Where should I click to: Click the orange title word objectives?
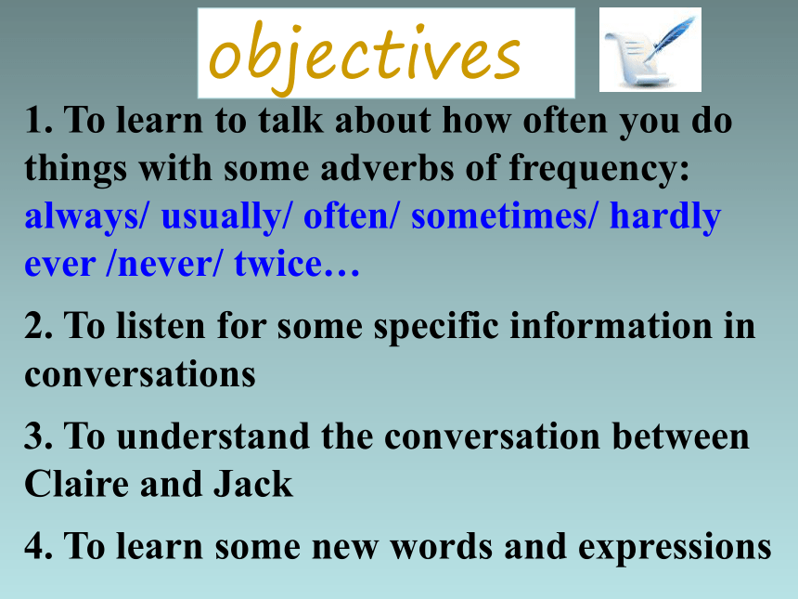pos(365,56)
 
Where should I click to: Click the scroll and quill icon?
pos(650,50)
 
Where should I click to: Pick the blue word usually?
pos(227,217)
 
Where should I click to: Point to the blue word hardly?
pos(665,217)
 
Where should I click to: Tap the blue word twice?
pos(277,263)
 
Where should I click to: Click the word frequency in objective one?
pos(599,170)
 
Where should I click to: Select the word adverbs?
pos(387,168)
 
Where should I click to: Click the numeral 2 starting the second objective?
pos(32,325)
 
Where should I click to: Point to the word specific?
pos(436,327)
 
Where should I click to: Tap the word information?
pos(611,325)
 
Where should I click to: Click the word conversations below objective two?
pos(140,375)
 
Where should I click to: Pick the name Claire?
pos(76,483)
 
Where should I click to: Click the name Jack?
pos(253,483)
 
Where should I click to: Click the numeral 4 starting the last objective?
pos(33,545)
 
